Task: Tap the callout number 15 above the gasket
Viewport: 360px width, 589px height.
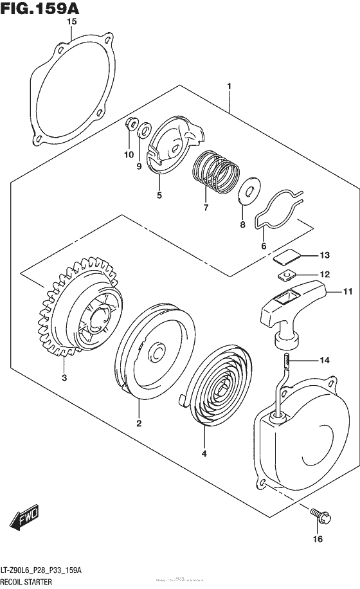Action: pos(72,22)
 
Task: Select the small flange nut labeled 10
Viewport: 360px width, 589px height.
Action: pos(130,124)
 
